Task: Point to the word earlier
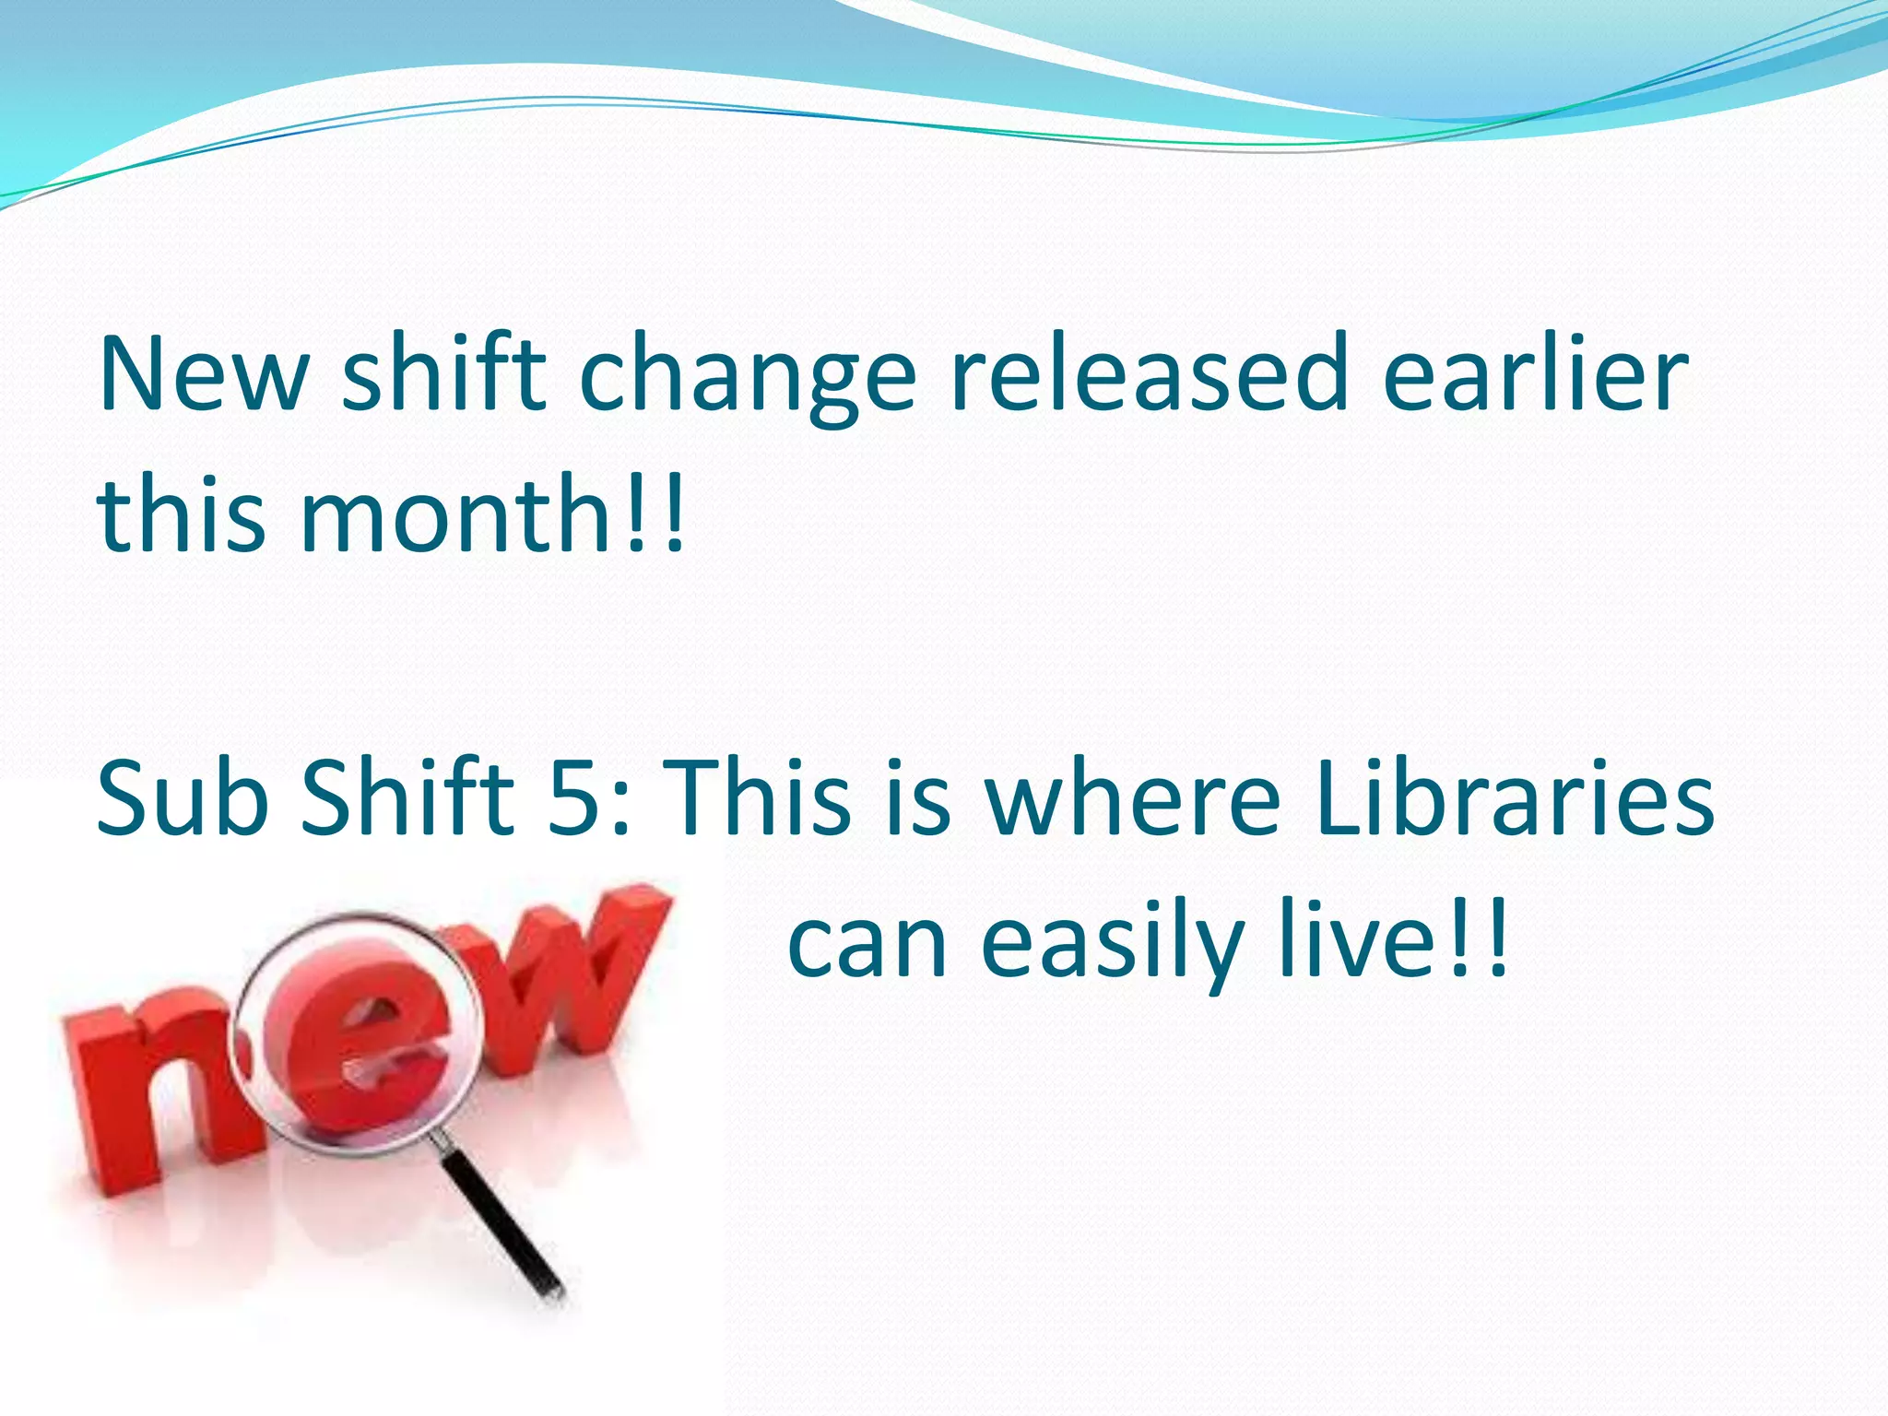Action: [x=1535, y=373]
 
